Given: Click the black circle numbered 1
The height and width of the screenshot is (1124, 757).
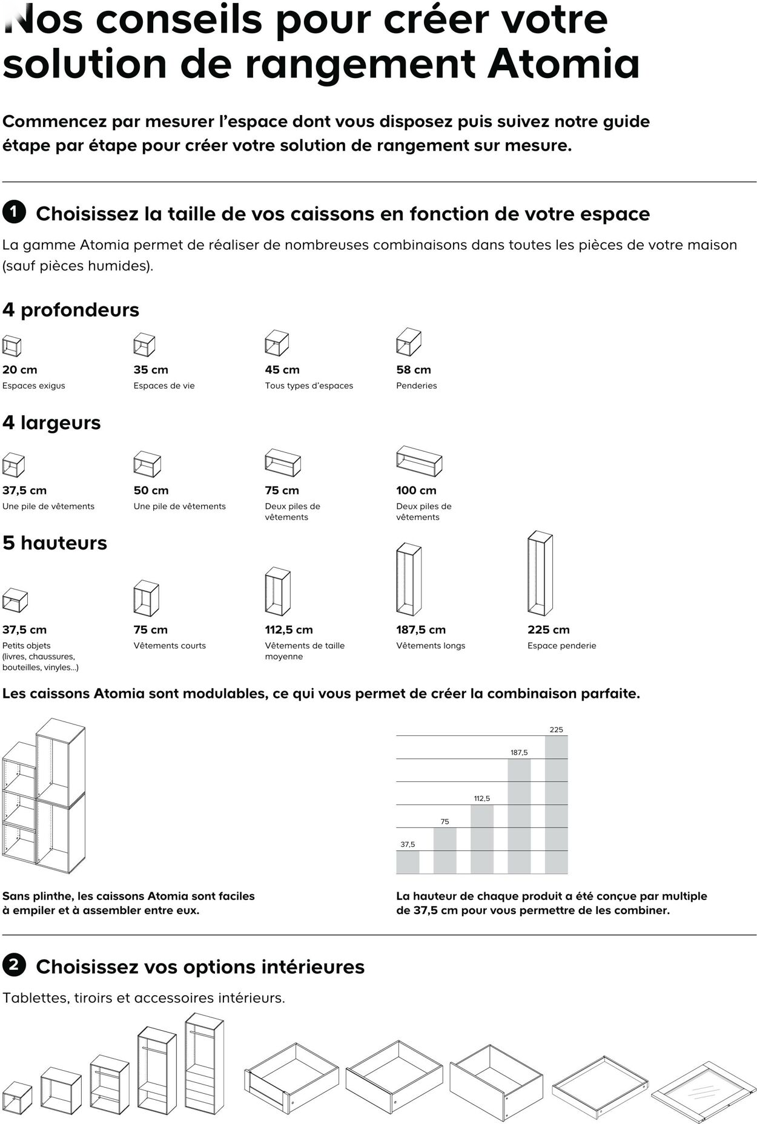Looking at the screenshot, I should [x=14, y=212].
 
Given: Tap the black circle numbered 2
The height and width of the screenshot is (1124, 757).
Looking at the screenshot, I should [x=14, y=965].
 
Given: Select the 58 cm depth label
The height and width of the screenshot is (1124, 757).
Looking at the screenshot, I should [x=414, y=370].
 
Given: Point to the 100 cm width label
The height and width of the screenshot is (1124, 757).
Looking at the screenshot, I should [x=416, y=490].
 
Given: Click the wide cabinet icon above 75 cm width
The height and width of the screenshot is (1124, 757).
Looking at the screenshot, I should [x=283, y=463].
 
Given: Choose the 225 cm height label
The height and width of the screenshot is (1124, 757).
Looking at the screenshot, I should [x=548, y=629].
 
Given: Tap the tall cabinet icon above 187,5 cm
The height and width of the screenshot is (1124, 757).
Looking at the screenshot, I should [x=409, y=579].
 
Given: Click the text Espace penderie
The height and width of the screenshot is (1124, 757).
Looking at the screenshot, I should [x=561, y=646].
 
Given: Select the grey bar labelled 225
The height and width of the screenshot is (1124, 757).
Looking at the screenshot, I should [x=556, y=805].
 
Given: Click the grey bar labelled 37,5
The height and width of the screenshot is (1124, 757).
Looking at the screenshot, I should [x=408, y=862].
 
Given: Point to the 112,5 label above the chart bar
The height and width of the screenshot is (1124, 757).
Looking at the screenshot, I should [x=481, y=798].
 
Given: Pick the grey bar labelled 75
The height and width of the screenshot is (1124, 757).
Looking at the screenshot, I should [x=445, y=850].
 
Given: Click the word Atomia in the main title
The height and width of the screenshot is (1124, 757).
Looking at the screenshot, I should [x=563, y=64].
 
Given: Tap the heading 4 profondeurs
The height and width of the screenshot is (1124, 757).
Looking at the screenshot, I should [x=71, y=310].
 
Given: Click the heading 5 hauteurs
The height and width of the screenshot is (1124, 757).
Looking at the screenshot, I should [x=55, y=543].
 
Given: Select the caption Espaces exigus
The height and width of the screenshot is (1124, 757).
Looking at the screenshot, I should [x=34, y=386].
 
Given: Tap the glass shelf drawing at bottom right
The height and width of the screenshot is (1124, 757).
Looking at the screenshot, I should [x=703, y=1090].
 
